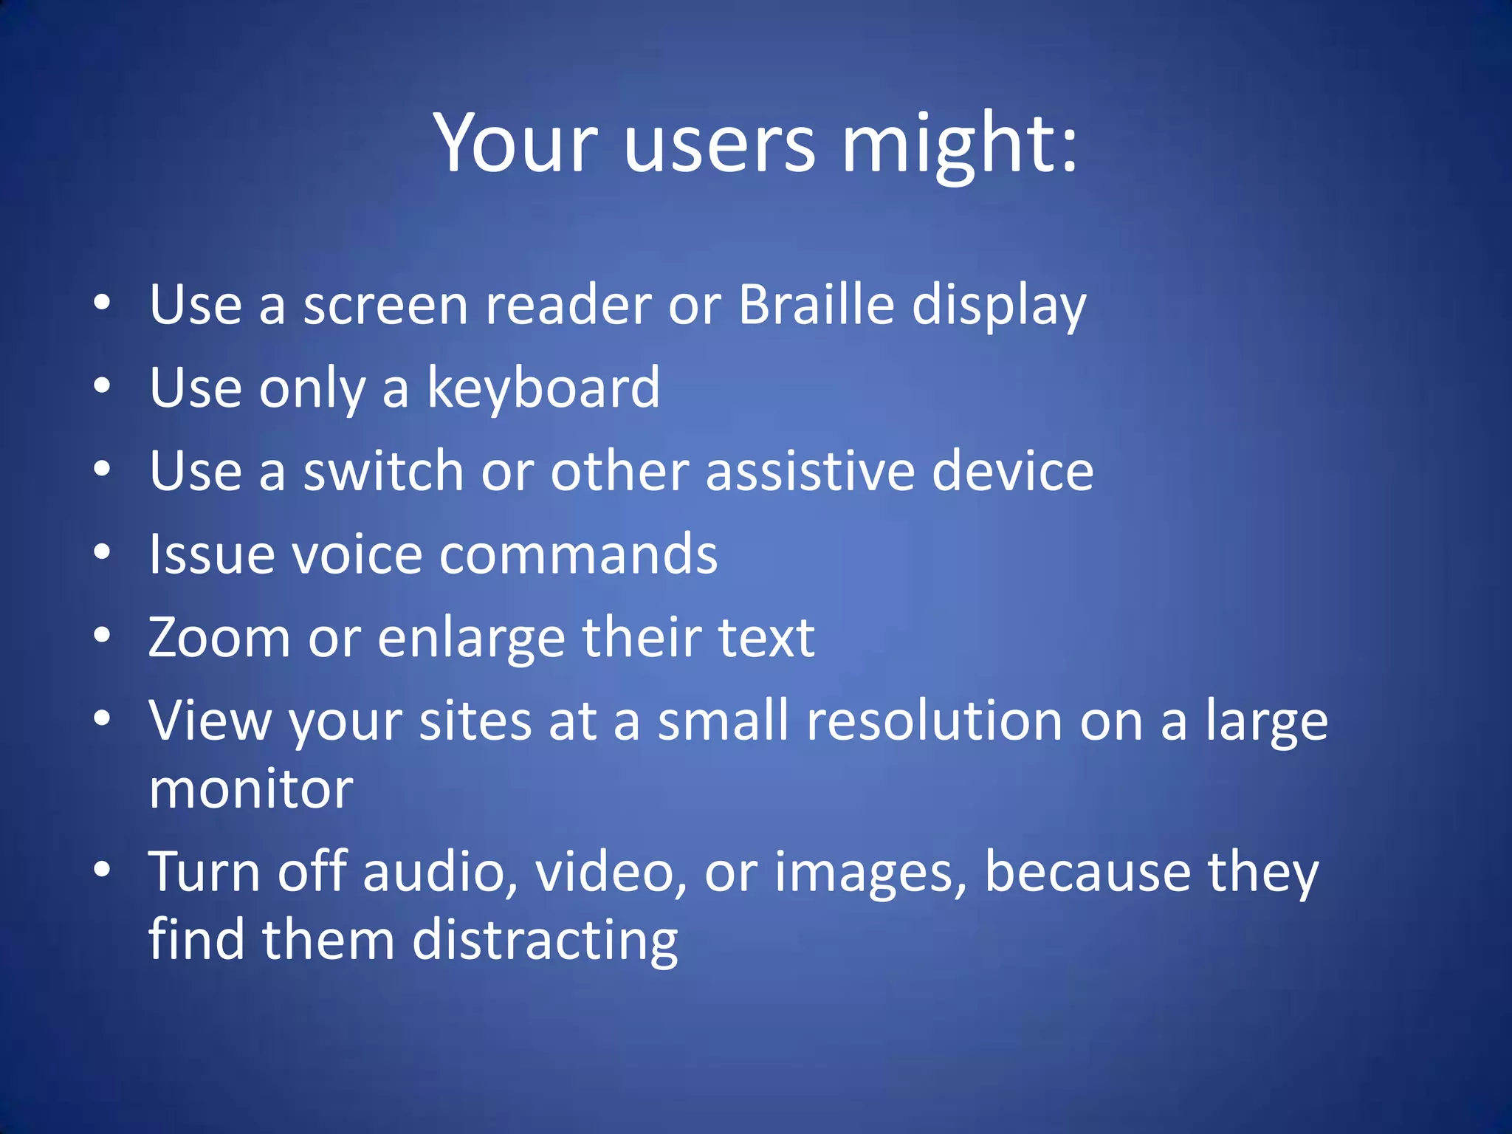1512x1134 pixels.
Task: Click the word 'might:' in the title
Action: point(960,144)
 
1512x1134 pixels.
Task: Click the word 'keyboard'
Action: point(543,388)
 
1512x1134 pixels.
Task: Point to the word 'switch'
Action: point(383,471)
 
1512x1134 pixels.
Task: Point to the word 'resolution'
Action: point(934,721)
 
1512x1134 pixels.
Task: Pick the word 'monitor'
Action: point(251,789)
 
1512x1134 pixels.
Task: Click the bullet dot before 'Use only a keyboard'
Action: point(103,385)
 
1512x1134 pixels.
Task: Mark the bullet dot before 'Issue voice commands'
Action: point(103,551)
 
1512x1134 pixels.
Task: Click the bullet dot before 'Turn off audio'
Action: point(103,869)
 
